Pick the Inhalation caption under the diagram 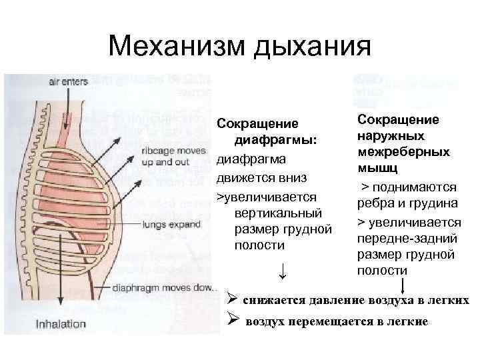(x=61, y=324)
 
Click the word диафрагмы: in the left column (x=274, y=142)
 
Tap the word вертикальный (x=274, y=214)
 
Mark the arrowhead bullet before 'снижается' (x=233, y=299)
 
